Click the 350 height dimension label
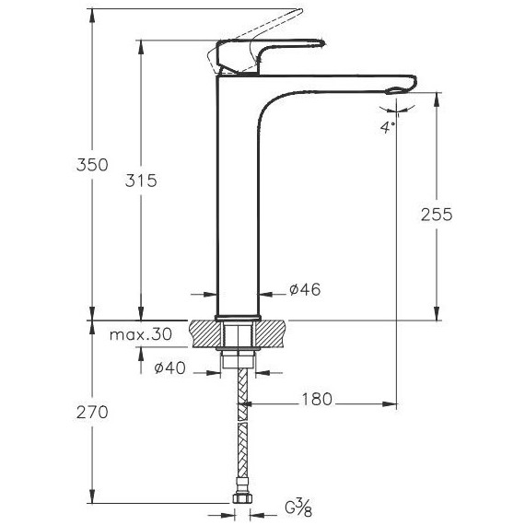[92, 165]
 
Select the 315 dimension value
[141, 181]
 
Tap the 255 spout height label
[437, 215]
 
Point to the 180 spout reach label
[317, 399]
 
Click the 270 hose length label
[92, 412]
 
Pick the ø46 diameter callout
[305, 289]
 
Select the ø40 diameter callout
[169, 368]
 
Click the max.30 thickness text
[141, 334]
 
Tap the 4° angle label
[388, 128]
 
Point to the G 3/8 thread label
[298, 507]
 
